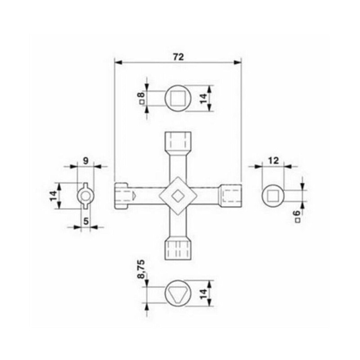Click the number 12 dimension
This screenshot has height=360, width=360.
pos(274,160)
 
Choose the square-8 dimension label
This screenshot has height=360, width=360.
pos(142,97)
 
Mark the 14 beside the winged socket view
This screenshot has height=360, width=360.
pos(54,195)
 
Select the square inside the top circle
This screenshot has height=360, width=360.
pos(179,97)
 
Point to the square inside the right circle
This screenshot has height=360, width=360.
pos(273,195)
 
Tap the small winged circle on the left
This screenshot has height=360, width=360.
pos(85,195)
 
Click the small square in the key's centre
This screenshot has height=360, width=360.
pos(178,195)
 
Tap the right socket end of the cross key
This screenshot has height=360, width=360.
pos(231,195)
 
